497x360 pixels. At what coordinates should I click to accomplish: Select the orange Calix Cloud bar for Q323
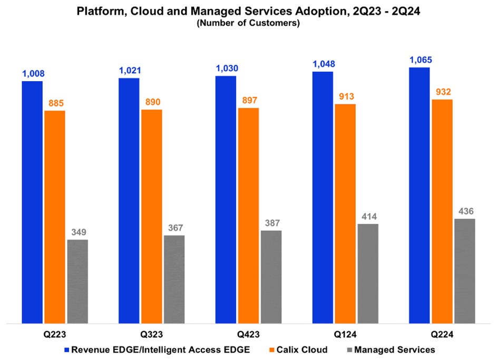point(151,216)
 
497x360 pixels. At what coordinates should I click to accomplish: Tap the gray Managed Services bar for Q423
point(271,277)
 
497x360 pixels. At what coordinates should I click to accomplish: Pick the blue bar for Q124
point(323,197)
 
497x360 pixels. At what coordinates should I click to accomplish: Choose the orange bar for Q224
point(442,211)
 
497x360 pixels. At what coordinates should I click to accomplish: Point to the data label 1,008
point(32,73)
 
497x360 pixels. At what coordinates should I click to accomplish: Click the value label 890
point(152,102)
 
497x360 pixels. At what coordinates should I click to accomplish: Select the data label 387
point(271,222)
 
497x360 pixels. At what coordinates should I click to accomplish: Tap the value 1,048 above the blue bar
point(323,64)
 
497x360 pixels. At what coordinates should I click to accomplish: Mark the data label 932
point(442,92)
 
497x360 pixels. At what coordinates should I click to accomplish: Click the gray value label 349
point(77,232)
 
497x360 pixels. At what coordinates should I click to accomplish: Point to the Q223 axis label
point(55,334)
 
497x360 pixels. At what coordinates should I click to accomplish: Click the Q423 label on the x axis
point(248,334)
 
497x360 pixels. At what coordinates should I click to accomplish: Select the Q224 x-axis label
point(442,334)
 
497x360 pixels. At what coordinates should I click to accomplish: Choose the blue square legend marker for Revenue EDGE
point(66,349)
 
